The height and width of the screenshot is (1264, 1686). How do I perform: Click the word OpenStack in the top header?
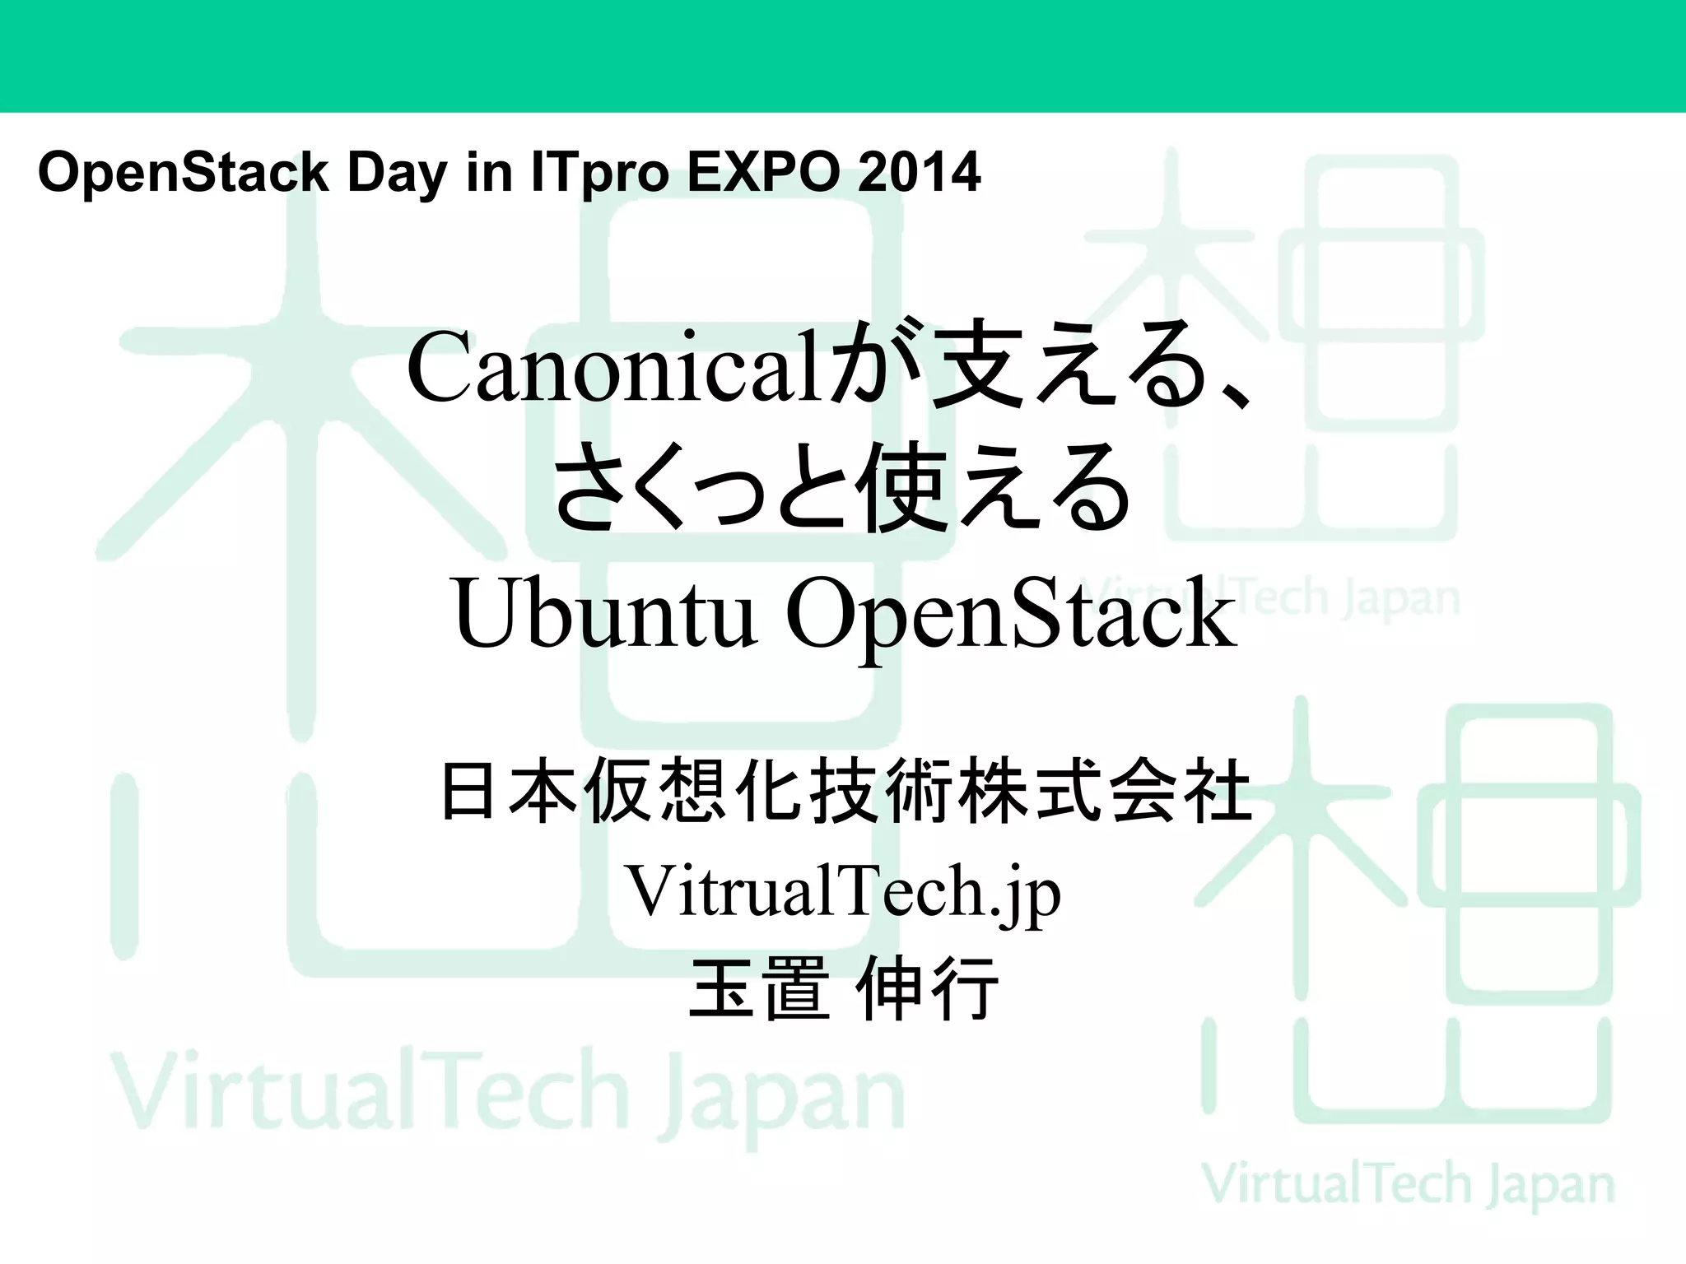[183, 172]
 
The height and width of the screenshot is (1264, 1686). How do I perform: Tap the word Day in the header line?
[397, 174]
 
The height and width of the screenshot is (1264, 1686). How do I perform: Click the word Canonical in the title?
[614, 367]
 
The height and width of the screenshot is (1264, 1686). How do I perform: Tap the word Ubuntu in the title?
[605, 614]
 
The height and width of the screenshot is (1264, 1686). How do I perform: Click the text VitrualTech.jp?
[843, 892]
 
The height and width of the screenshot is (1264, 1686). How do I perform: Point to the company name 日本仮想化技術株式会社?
[846, 792]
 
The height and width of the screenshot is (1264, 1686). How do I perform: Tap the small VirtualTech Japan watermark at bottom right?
[1408, 1185]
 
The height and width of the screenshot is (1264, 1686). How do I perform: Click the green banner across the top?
[843, 55]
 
